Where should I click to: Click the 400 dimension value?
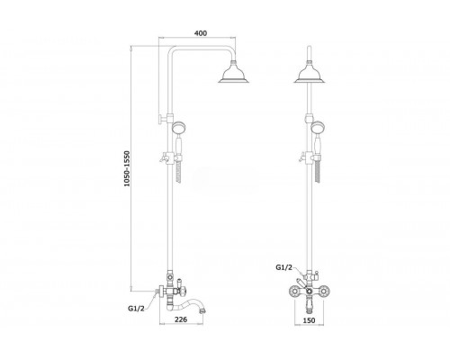point(201,33)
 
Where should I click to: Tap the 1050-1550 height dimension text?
point(127,168)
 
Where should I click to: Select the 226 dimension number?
point(181,319)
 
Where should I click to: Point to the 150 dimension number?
point(309,320)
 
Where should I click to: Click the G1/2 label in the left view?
point(136,308)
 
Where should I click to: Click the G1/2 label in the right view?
point(283,267)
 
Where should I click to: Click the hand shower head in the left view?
point(178,127)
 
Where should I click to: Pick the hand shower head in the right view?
point(317,127)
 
